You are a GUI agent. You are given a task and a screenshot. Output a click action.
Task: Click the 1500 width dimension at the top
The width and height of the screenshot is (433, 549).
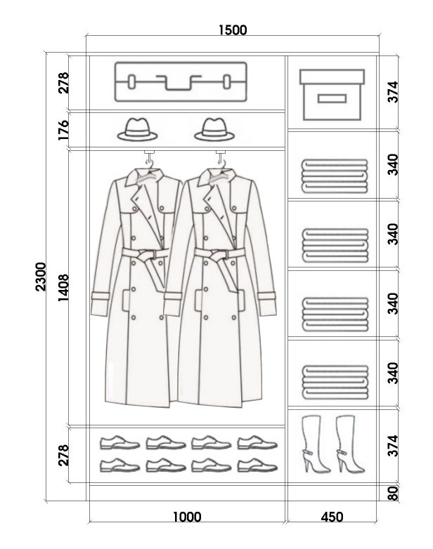[233, 30]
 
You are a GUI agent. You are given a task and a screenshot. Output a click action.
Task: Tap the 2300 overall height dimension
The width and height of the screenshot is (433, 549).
[41, 277]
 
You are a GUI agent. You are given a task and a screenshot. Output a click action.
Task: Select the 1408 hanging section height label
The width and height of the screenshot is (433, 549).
[63, 288]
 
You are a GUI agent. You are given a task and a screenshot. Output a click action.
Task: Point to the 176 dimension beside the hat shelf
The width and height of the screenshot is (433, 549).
[63, 130]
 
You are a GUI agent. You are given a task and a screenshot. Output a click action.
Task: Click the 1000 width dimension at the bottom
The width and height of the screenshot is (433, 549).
[187, 517]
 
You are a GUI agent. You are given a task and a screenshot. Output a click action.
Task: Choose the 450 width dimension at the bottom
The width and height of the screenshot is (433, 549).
[332, 517]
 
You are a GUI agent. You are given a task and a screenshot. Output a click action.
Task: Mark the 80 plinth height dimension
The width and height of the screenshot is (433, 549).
[394, 494]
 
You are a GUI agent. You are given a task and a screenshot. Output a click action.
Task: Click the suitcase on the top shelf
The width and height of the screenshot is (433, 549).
[181, 82]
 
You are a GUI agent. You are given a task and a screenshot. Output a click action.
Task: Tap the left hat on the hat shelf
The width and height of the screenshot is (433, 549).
[137, 130]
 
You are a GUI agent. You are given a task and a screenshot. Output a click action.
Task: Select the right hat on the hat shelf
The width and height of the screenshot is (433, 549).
[214, 130]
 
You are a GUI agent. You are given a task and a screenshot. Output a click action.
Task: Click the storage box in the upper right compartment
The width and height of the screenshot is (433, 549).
[332, 95]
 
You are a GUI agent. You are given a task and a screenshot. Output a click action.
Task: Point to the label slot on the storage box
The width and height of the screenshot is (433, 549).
[332, 98]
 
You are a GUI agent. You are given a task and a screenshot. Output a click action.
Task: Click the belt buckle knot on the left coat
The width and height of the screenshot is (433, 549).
[146, 255]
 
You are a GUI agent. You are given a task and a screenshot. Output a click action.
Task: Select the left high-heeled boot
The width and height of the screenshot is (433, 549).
[314, 444]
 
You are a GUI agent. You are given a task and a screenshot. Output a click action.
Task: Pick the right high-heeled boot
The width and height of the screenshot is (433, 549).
[349, 444]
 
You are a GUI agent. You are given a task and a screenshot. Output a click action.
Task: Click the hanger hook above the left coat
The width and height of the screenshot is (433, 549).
[150, 158]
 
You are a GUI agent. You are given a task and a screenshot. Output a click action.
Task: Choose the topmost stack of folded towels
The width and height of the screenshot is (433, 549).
[335, 176]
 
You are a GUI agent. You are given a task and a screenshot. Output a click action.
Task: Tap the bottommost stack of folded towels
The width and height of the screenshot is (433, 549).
[335, 383]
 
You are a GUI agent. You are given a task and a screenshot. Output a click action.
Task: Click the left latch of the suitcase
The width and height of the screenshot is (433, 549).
[132, 82]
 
